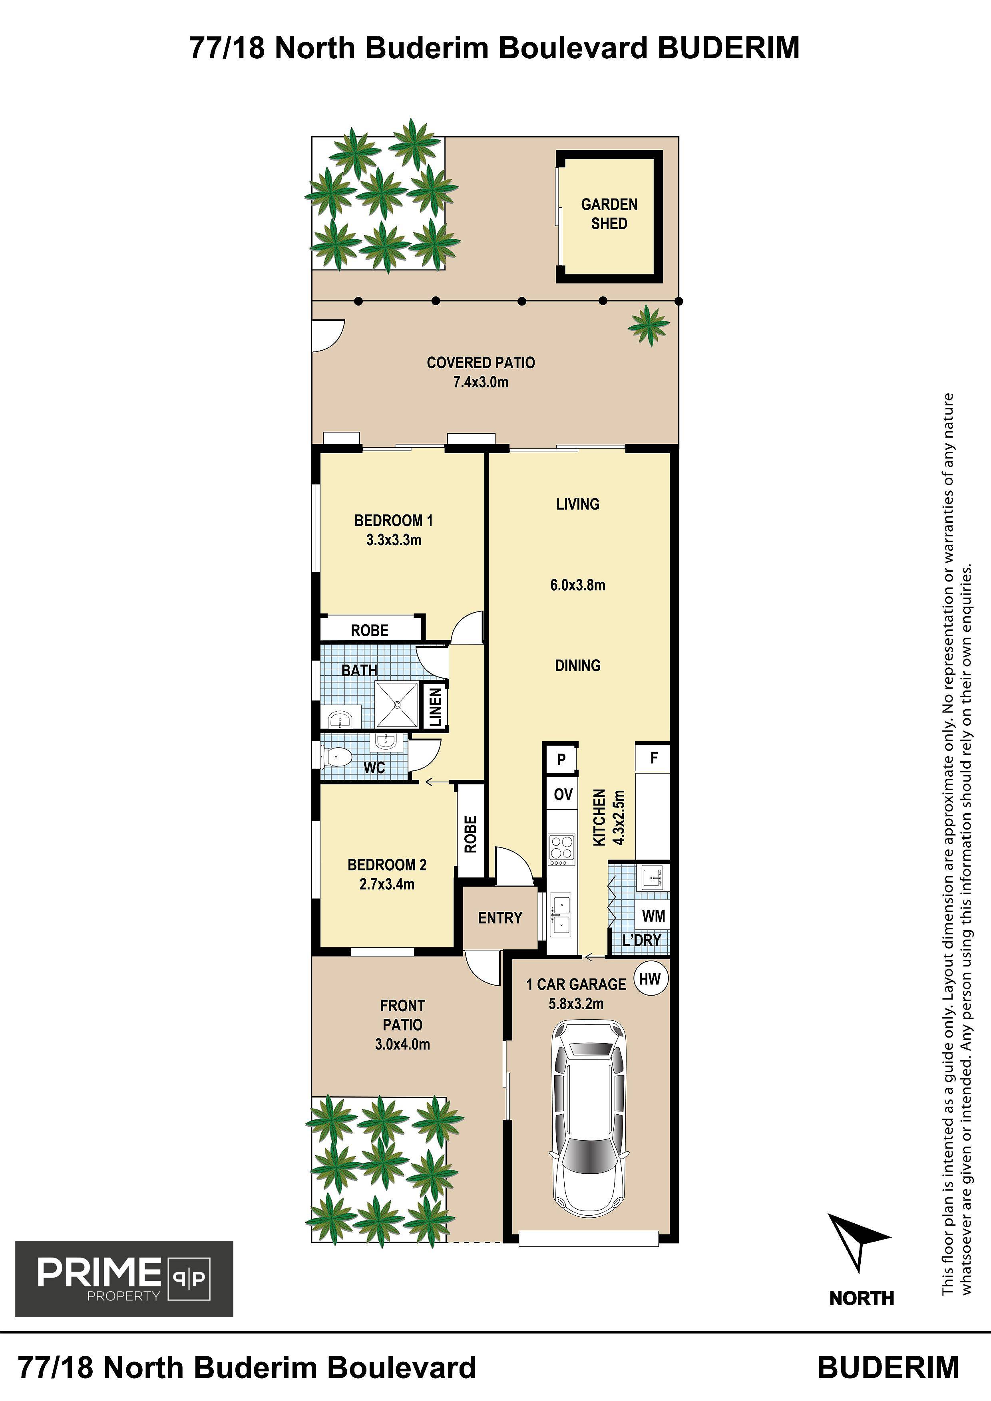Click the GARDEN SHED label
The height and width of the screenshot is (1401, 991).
click(609, 214)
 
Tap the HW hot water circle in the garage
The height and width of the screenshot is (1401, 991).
click(650, 979)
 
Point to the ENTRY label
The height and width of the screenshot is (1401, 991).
click(500, 918)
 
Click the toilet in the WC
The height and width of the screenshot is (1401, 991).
click(336, 758)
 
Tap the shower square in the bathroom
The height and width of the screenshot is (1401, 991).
click(397, 705)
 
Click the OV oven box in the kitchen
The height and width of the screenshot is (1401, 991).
click(562, 794)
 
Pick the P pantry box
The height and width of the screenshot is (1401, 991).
click(561, 759)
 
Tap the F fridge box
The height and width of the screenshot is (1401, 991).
click(653, 758)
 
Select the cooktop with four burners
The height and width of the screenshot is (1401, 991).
click(562, 849)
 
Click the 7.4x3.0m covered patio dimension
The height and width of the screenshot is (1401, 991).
click(481, 383)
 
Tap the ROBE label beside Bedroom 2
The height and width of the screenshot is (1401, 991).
click(470, 834)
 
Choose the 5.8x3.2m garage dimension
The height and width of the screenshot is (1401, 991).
click(576, 1004)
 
